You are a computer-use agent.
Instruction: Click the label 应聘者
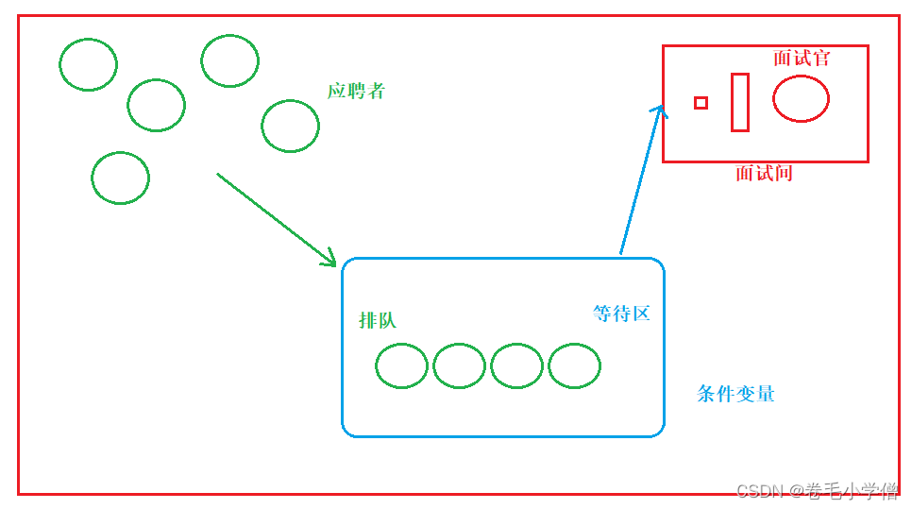point(356,92)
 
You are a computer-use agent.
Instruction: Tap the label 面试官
point(802,58)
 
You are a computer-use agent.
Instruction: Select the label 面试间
point(764,173)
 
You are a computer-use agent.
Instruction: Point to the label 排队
point(378,320)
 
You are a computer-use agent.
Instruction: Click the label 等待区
point(621,314)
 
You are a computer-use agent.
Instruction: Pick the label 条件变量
point(735,394)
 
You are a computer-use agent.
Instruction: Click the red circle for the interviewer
point(801,98)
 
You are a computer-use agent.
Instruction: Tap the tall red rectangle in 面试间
point(739,102)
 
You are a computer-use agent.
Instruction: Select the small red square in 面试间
point(701,103)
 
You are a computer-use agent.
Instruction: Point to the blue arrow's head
point(658,110)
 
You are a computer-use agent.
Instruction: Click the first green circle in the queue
point(401,366)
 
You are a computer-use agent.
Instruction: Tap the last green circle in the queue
point(574,366)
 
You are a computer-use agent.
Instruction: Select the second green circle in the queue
point(459,366)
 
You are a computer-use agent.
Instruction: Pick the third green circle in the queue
point(516,366)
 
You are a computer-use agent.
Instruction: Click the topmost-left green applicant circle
point(88,64)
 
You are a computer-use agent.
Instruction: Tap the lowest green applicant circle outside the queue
point(120,178)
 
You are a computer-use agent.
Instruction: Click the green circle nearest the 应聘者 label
point(290,126)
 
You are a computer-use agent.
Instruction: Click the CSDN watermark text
point(817,490)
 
